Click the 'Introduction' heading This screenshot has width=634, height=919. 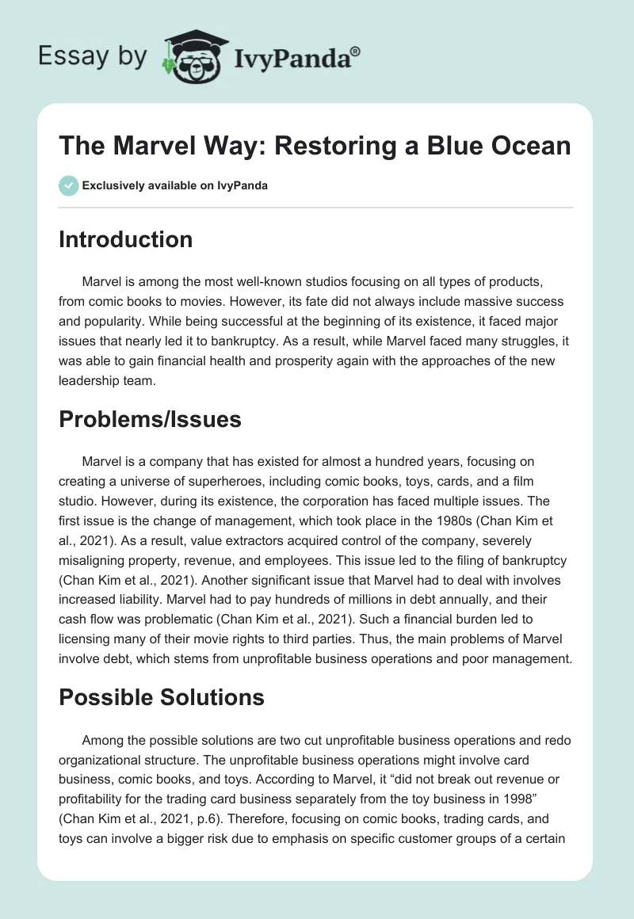[125, 239]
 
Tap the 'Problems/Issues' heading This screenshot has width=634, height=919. [150, 420]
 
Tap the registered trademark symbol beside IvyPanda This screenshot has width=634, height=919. [356, 50]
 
